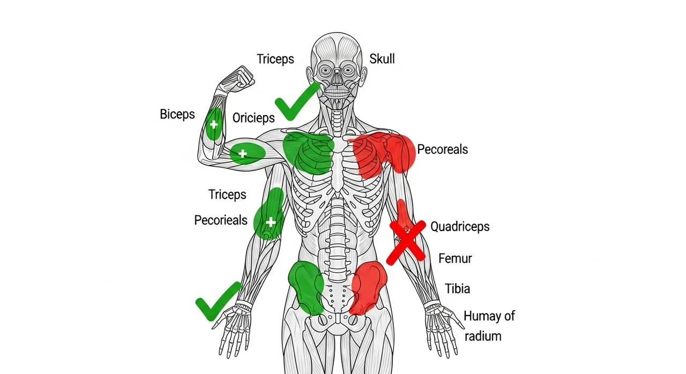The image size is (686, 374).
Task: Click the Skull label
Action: [x=382, y=58]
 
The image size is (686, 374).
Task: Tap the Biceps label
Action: [x=177, y=114]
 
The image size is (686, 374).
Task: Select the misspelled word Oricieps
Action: [x=253, y=118]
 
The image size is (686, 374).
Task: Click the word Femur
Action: [x=455, y=258]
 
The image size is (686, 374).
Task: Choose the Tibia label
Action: [x=457, y=289]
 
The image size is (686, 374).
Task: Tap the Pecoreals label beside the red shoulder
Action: [x=442, y=149]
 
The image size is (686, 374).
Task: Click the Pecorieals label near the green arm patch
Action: [x=221, y=220]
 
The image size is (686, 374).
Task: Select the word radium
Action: [x=483, y=336]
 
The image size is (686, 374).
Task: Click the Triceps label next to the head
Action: [x=275, y=59]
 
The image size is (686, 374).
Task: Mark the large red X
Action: [x=407, y=240]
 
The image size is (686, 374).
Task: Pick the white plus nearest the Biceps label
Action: [x=214, y=125]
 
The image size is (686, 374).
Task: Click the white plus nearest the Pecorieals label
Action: [x=271, y=222]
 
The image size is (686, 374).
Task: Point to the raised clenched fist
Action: [x=241, y=77]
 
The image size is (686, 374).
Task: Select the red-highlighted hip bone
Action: [x=369, y=287]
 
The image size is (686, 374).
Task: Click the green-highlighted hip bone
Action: [x=306, y=287]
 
